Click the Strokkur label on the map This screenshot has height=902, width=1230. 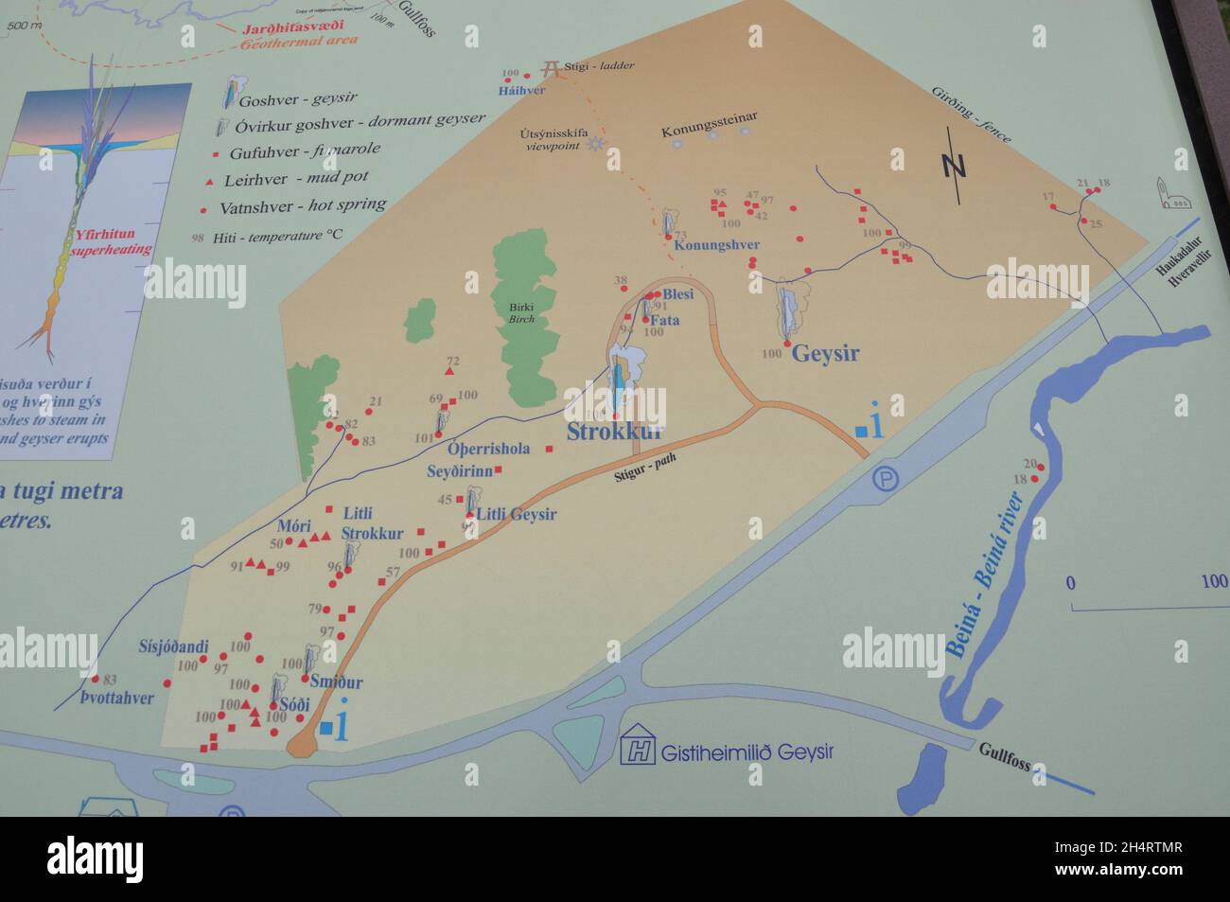point(615,433)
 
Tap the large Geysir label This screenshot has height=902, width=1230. point(825,354)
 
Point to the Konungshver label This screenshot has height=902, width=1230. point(716,245)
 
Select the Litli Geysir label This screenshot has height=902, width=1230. point(516,515)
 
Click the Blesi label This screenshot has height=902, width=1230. point(677,294)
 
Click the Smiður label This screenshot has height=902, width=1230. point(336,681)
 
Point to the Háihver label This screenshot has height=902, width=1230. point(521,90)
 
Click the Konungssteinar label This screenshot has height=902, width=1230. point(709,117)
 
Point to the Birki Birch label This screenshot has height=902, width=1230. point(521,313)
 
